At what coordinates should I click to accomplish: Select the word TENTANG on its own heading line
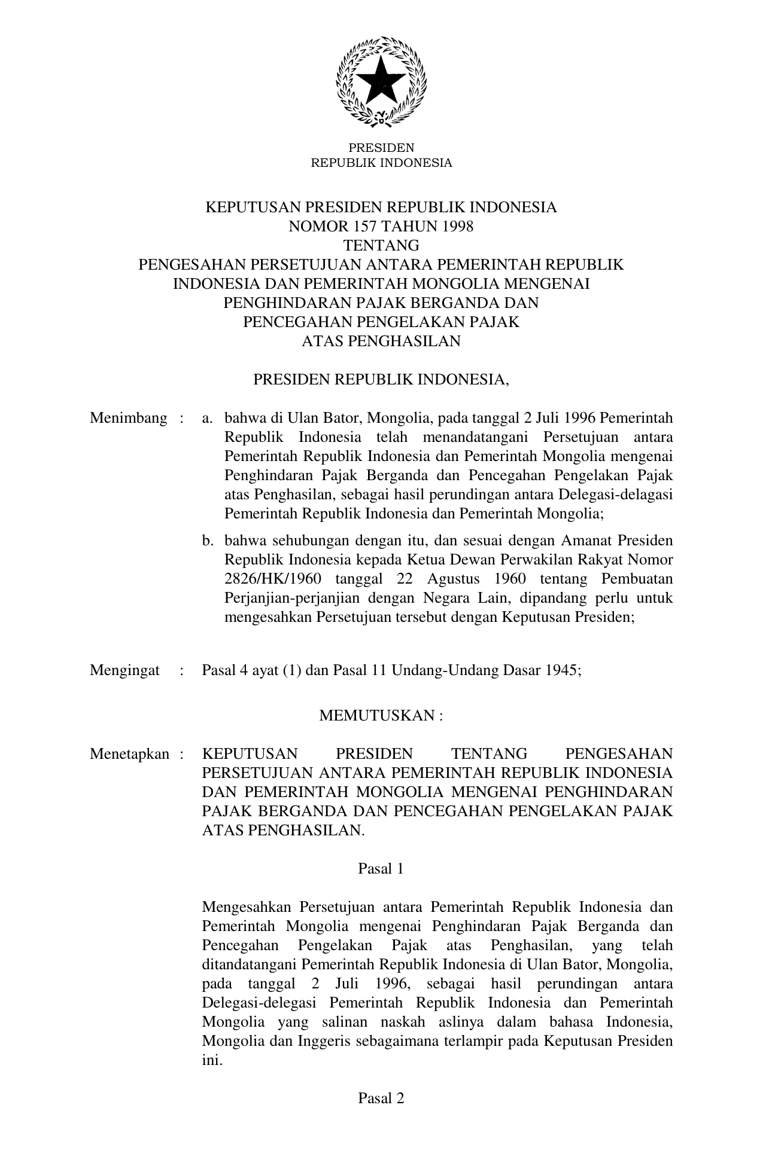[381, 246]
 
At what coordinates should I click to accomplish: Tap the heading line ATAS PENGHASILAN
[381, 341]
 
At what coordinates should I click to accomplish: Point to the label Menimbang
[129, 418]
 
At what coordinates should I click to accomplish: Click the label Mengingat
[124, 670]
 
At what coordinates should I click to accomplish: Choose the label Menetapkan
[130, 754]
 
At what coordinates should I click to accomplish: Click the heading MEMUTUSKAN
[377, 716]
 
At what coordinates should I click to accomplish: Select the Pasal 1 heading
[381, 869]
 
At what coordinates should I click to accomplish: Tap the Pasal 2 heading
[381, 1098]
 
